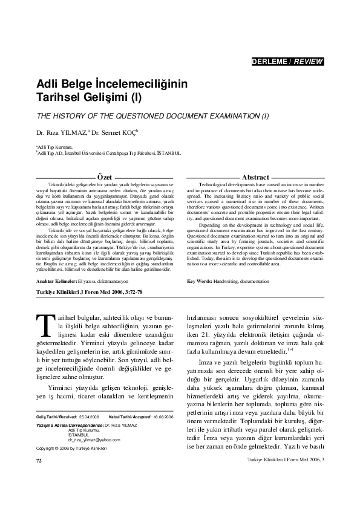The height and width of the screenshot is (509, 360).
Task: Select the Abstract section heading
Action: pos(255,176)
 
